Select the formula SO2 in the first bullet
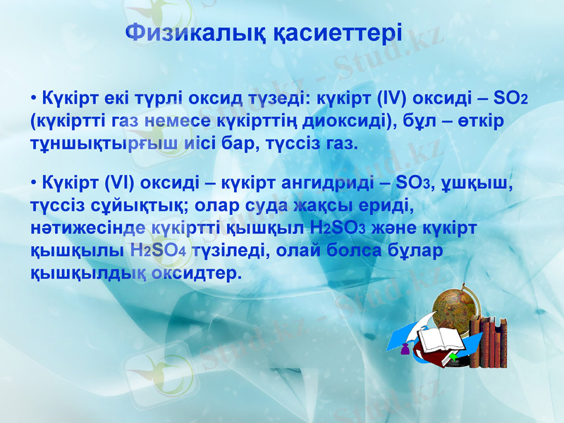pos(510,97)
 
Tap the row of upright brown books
pos(491,343)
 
